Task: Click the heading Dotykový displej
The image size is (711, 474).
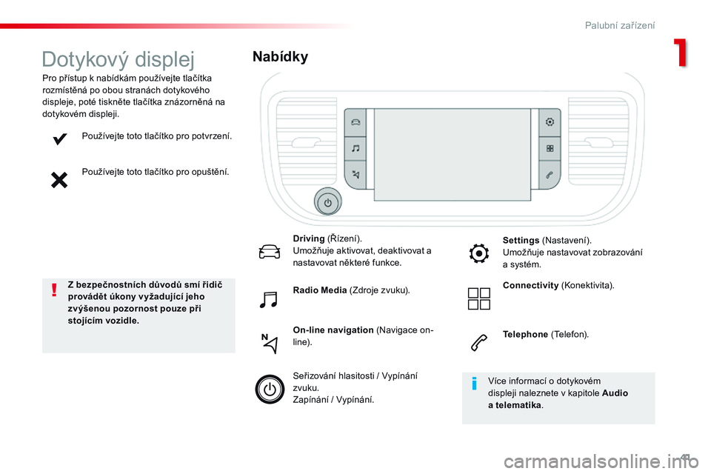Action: point(118,59)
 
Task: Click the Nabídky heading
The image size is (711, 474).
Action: point(280,56)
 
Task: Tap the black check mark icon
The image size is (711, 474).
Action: point(59,138)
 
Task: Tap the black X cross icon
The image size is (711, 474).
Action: point(59,180)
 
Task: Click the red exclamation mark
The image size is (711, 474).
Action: point(54,290)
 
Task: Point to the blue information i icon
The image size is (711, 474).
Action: point(474,384)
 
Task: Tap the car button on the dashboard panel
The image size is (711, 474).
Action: point(355,122)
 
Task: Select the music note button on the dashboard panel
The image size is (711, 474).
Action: point(355,148)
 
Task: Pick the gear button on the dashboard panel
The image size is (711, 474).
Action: point(550,122)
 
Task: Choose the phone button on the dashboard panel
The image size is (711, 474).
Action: point(550,175)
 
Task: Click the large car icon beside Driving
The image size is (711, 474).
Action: point(270,252)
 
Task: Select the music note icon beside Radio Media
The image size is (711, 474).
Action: point(268,299)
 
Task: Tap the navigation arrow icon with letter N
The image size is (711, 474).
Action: point(270,344)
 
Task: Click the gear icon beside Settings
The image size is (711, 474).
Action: point(479,253)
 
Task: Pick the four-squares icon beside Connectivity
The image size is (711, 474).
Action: point(479,299)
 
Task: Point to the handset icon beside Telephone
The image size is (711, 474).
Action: point(479,343)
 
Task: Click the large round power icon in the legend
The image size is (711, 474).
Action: point(270,389)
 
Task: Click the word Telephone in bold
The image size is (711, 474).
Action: point(525,334)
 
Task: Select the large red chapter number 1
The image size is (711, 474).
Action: point(681,53)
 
